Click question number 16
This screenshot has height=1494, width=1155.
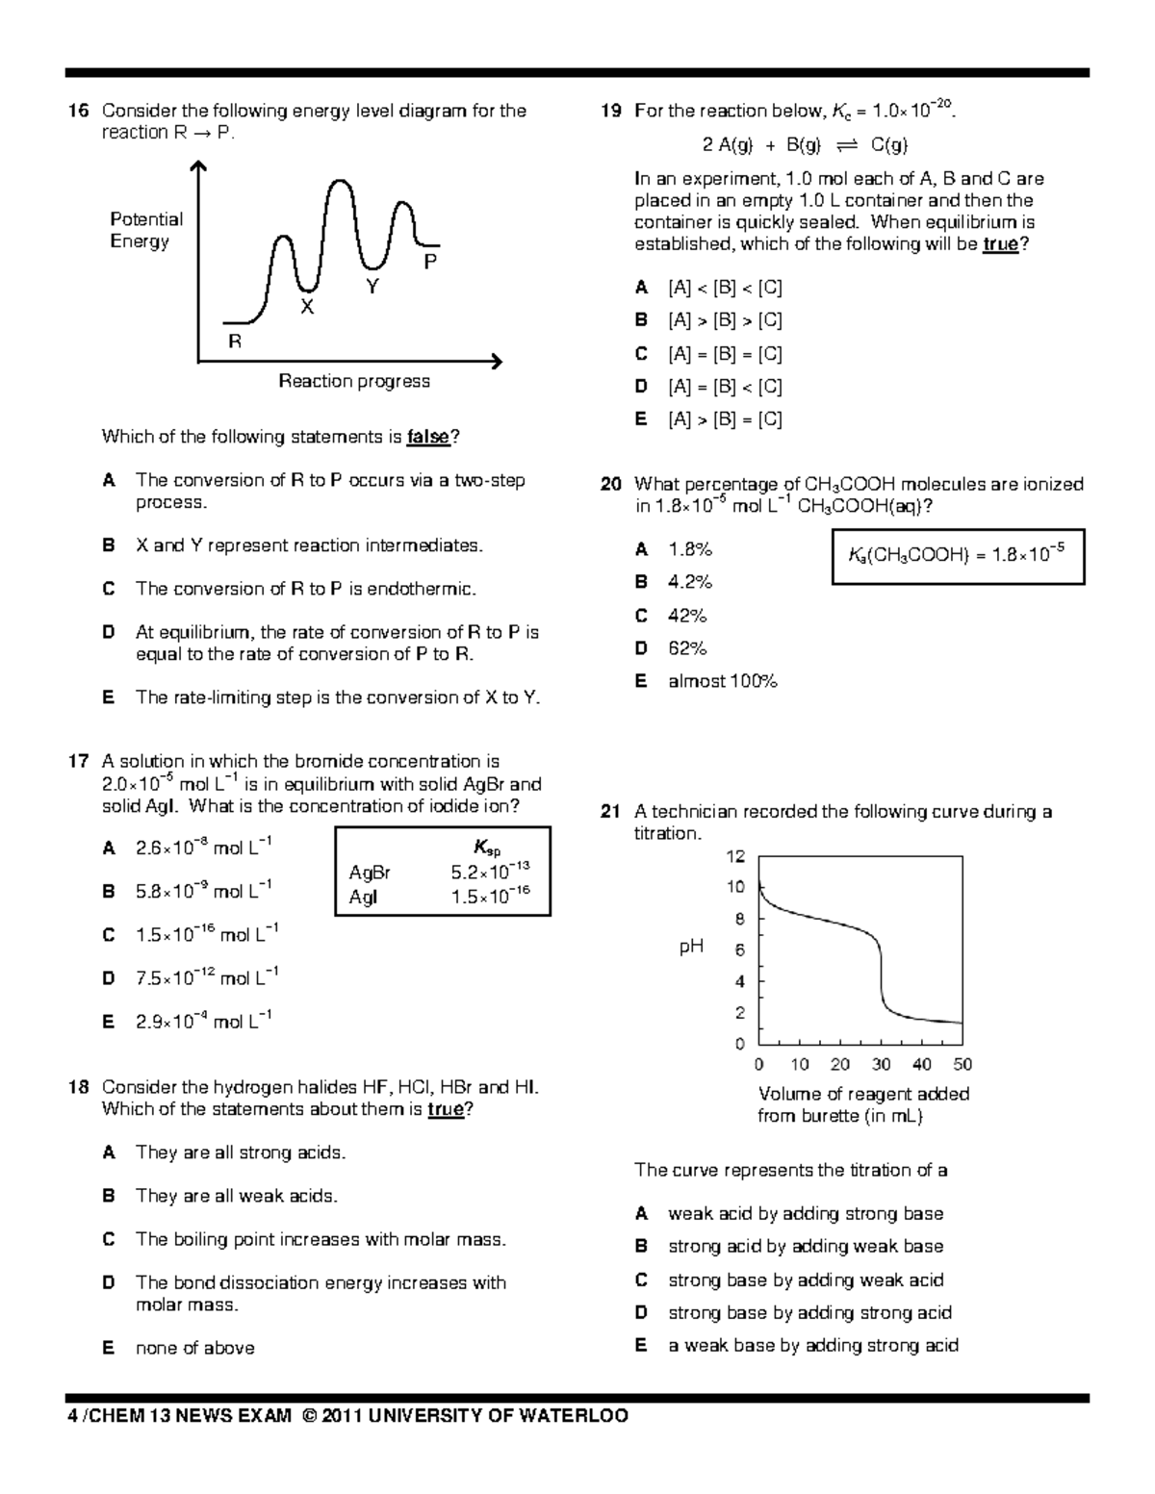pyautogui.click(x=78, y=112)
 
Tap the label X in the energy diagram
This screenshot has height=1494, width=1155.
pyautogui.click(x=307, y=307)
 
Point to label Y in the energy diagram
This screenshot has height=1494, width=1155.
pyautogui.click(x=372, y=287)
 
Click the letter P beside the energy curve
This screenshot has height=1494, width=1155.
pyautogui.click(x=430, y=262)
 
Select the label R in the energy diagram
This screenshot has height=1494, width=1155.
pyautogui.click(x=234, y=342)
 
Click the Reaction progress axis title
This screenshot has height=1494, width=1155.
pyautogui.click(x=354, y=381)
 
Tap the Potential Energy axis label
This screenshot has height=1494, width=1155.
pyautogui.click(x=145, y=230)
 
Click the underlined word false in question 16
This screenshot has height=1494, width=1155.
pyautogui.click(x=428, y=437)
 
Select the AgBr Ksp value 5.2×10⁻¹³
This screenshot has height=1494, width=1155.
pyautogui.click(x=489, y=873)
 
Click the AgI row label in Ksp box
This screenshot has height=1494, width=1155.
pyautogui.click(x=364, y=897)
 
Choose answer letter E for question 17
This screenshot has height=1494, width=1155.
pyautogui.click(x=109, y=1022)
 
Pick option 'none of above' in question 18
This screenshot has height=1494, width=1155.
pyautogui.click(x=195, y=1348)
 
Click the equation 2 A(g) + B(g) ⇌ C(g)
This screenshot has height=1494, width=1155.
pyautogui.click(x=805, y=145)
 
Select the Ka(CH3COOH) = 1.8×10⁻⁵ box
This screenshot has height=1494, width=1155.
pyautogui.click(x=957, y=555)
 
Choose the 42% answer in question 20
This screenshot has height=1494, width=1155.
pyautogui.click(x=687, y=616)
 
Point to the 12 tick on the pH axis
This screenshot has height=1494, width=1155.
pyautogui.click(x=735, y=856)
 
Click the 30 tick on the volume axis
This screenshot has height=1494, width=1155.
pyautogui.click(x=882, y=1064)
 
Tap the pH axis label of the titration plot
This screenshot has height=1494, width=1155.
pyautogui.click(x=691, y=948)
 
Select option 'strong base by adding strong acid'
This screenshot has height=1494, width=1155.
pyautogui.click(x=809, y=1312)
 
